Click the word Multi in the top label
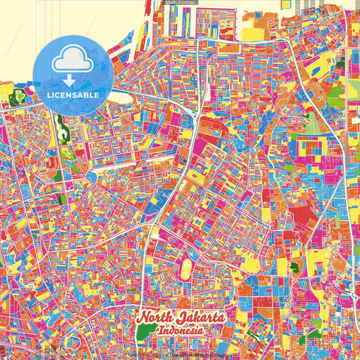[171, 3]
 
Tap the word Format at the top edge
[186, 3]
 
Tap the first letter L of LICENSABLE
[49, 95]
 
